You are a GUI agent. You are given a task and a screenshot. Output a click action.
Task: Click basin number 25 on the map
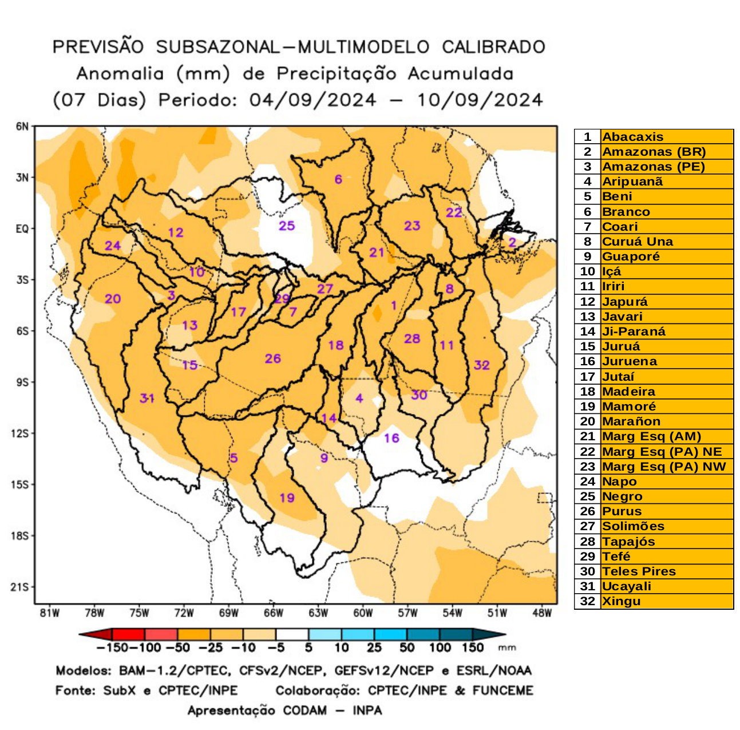click(287, 226)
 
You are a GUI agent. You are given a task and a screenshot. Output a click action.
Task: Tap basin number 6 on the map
click(338, 179)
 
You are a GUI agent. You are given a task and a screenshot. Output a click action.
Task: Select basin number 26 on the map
click(272, 358)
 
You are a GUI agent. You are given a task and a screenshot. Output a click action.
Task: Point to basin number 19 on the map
click(287, 498)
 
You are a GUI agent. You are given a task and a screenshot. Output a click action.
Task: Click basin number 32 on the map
click(481, 365)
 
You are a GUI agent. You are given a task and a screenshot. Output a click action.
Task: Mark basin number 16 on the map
click(391, 438)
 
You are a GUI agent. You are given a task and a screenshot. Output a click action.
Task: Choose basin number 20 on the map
click(113, 298)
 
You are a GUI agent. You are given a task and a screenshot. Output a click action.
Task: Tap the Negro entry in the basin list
click(622, 496)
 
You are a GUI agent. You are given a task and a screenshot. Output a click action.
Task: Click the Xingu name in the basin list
click(621, 601)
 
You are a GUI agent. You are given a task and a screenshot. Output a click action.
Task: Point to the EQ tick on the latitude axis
click(22, 229)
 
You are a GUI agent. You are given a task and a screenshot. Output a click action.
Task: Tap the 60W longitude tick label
click(363, 613)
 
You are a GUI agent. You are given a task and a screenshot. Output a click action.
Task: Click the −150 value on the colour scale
click(112, 648)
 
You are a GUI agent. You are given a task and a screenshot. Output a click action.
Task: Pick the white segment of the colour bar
click(292, 634)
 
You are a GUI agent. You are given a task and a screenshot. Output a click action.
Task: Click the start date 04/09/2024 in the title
click(312, 100)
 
